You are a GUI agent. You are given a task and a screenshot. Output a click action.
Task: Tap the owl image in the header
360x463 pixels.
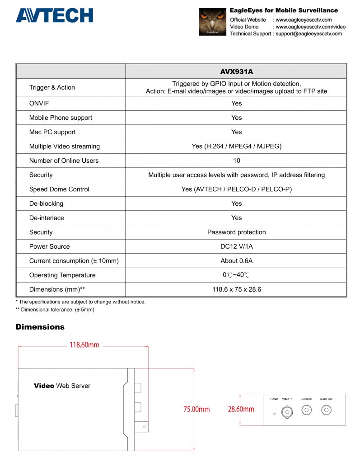click(x=212, y=22)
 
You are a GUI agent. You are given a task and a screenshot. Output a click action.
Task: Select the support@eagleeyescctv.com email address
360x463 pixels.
click(x=309, y=34)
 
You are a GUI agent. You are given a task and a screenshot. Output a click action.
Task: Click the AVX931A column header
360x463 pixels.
click(x=236, y=71)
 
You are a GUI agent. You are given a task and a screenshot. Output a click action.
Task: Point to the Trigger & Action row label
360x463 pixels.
click(x=52, y=87)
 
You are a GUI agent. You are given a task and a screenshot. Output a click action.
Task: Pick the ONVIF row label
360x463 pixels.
click(x=39, y=104)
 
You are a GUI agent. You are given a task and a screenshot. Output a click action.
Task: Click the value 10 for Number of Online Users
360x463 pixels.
click(x=236, y=161)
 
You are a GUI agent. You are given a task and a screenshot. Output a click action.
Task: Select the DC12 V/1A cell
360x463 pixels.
click(x=236, y=246)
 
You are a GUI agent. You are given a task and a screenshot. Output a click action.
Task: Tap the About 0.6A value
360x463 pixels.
click(x=236, y=261)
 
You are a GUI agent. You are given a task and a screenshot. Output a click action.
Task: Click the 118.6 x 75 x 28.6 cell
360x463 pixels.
click(x=236, y=289)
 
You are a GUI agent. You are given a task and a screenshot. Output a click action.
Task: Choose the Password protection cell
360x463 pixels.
click(x=236, y=232)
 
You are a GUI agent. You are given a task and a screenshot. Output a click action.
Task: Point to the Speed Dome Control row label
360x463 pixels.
click(x=59, y=189)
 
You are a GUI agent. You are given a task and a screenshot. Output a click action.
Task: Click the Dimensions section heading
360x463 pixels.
click(x=40, y=327)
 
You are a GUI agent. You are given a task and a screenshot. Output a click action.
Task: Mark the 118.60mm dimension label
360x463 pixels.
click(x=84, y=345)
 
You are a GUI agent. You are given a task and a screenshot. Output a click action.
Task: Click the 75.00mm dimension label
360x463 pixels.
click(x=196, y=409)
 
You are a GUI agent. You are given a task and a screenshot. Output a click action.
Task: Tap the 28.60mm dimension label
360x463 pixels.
click(x=241, y=409)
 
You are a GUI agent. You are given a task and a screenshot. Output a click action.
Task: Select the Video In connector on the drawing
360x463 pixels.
click(x=287, y=411)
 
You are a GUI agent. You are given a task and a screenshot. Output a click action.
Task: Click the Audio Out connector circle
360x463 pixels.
click(x=326, y=410)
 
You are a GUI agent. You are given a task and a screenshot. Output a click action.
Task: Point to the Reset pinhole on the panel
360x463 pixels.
click(x=274, y=413)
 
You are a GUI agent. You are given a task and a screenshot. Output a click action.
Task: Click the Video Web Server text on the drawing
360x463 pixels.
click(x=62, y=386)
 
